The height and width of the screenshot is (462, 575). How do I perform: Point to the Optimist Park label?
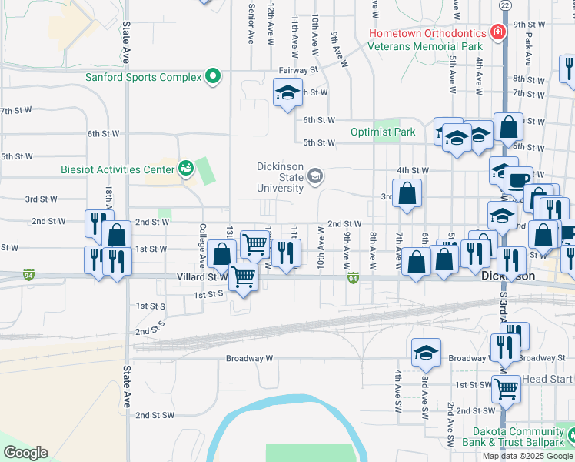tap(383, 132)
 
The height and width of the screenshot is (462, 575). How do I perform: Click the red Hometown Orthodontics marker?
tap(498, 33)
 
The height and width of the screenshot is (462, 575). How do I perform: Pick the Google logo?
tap(25, 453)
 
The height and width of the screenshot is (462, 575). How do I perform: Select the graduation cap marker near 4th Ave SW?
tap(426, 352)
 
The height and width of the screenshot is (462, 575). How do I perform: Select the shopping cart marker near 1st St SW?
tap(506, 390)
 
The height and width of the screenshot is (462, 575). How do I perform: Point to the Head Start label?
tap(547, 380)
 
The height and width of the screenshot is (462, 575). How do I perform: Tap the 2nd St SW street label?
tap(156, 414)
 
